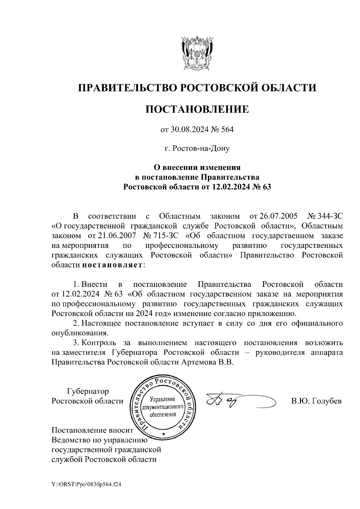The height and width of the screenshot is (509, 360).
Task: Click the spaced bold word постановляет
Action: point(113,265)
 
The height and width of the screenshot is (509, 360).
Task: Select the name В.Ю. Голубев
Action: point(316,401)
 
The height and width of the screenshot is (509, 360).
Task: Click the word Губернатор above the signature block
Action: point(88,391)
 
